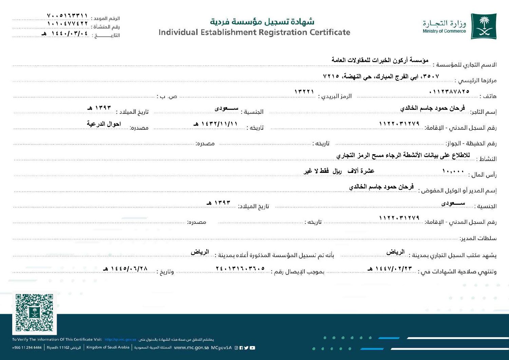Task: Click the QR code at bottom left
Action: [x=34, y=312]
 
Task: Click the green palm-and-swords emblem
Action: [x=484, y=26]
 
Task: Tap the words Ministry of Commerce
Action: [x=444, y=31]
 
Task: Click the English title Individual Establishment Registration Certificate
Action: [x=254, y=33]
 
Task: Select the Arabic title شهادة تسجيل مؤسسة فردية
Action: [x=262, y=22]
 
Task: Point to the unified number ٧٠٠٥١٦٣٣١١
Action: [x=68, y=16]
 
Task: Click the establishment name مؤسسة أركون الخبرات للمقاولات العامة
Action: [x=380, y=60]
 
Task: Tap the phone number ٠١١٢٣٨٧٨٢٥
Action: [x=449, y=92]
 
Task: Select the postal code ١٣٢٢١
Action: [x=304, y=92]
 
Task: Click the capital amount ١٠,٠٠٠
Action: [x=453, y=172]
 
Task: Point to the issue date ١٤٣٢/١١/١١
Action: [x=215, y=124]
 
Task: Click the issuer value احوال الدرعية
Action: [x=104, y=124]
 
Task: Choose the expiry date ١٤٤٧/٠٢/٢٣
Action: [x=390, y=268]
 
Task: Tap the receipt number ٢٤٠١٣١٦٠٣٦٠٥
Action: [x=240, y=268]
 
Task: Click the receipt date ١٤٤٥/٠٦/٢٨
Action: [x=126, y=268]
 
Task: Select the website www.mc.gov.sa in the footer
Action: [x=191, y=348]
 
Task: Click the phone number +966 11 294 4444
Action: [x=27, y=348]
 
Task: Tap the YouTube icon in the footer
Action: [x=252, y=348]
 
